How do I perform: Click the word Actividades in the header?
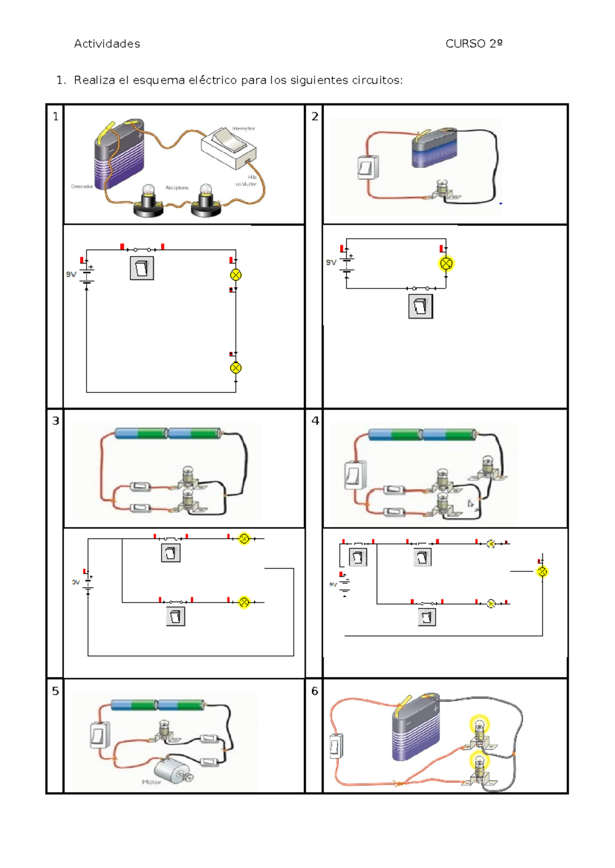pos(107,44)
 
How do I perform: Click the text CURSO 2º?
pos(474,44)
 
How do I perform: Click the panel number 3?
pos(55,421)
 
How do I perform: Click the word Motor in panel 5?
pos(151,782)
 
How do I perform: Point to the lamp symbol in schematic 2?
pos(446,264)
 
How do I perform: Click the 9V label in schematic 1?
pos(71,275)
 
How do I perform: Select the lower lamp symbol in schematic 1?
pos(236,368)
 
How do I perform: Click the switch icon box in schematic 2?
pos(420,306)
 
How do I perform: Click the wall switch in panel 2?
pos(367,167)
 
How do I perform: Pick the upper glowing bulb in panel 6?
pos(480,726)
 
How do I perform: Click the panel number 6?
pos(315,691)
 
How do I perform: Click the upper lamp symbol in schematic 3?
pos(244,539)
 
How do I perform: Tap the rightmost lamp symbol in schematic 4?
pos(542,571)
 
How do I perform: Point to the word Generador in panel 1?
pos(81,187)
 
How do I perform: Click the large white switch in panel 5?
pos(100,736)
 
